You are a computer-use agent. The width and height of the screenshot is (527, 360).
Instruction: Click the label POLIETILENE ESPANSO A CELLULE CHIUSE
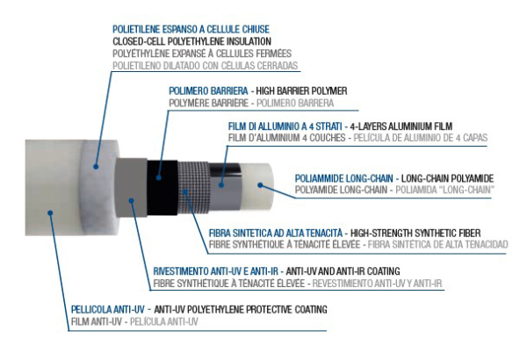click(191, 29)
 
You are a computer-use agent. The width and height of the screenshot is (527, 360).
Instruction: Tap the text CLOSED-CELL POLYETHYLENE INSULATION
click(191, 41)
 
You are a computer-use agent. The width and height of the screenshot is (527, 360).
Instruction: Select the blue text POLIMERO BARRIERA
click(208, 91)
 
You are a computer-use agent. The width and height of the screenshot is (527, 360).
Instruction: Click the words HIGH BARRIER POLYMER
click(301, 91)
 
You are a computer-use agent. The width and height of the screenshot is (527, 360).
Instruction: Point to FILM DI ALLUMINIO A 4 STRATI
click(285, 126)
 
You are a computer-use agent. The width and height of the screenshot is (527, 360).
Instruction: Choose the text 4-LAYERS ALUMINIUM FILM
click(401, 126)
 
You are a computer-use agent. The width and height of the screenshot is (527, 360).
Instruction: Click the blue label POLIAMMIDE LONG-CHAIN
click(343, 178)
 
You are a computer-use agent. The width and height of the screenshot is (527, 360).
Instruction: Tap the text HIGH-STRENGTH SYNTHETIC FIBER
click(415, 233)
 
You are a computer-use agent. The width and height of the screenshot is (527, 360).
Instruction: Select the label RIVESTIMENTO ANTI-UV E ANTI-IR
click(216, 271)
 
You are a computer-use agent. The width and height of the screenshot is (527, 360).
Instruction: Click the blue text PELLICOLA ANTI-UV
click(107, 309)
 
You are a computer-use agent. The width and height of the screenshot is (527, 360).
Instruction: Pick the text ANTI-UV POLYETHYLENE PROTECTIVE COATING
click(241, 309)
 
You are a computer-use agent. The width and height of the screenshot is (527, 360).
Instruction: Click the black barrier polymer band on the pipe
click(162, 188)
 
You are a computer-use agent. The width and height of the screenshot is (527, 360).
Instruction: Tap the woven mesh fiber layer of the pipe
click(193, 188)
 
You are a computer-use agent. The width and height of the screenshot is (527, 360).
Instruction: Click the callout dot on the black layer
click(159, 177)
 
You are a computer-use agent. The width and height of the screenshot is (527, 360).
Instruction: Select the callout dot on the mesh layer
click(185, 191)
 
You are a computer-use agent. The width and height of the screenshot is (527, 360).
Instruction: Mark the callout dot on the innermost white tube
click(260, 184)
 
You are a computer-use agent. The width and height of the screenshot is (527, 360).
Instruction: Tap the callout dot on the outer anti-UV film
click(50, 212)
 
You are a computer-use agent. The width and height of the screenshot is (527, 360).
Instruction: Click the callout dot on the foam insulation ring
click(96, 166)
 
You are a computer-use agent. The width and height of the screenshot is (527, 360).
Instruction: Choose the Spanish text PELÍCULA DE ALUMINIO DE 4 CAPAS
click(421, 138)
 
